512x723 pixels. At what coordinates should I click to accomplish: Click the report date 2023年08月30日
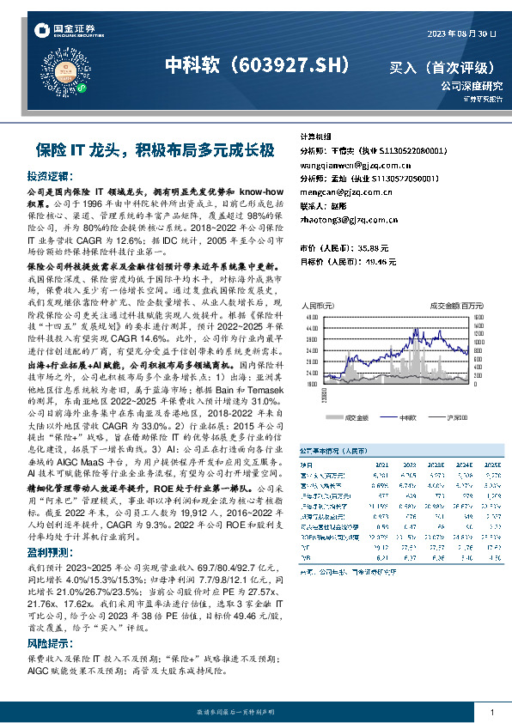click(x=462, y=33)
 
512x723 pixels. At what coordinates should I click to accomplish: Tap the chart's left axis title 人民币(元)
click(x=317, y=306)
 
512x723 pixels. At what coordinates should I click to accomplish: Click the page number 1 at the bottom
click(x=491, y=714)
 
